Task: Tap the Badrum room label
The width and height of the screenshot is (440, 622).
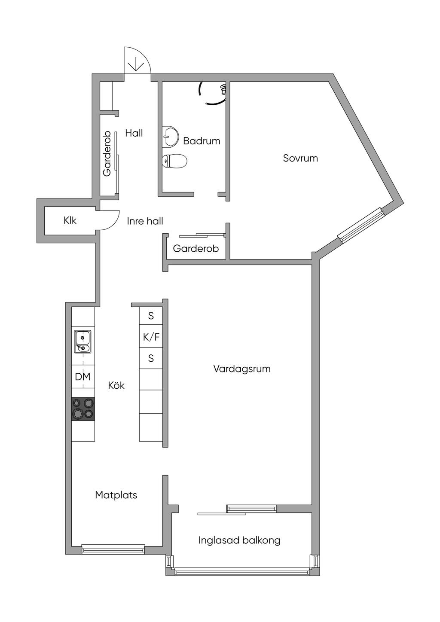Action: [202, 141]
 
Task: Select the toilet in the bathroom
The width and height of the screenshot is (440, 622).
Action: [174, 161]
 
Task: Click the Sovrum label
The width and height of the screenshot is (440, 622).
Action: [300, 158]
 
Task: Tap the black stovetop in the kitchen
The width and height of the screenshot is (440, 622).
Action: [83, 409]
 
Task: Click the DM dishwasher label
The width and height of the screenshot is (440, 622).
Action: [83, 377]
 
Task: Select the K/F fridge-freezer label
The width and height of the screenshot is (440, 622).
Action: [151, 337]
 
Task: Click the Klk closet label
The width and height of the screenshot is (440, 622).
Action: [70, 220]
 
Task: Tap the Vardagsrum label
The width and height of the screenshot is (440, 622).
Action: [242, 369]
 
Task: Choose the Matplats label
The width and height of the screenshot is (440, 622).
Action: [116, 495]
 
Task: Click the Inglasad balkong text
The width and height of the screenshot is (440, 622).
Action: [239, 540]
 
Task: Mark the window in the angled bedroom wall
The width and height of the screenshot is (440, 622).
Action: [361, 225]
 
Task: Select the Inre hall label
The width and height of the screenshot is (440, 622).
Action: [145, 221]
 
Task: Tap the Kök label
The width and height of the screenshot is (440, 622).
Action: [116, 385]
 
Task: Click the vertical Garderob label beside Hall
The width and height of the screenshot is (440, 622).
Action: [107, 153]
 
